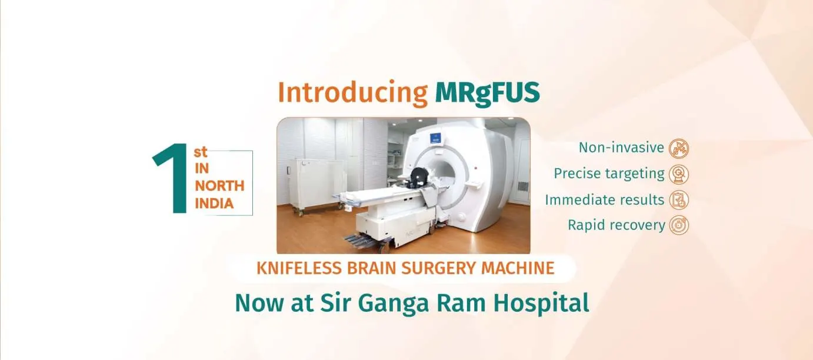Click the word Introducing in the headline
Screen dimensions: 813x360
click(x=353, y=94)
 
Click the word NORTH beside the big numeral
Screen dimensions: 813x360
click(x=219, y=186)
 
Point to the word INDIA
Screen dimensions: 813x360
click(x=214, y=204)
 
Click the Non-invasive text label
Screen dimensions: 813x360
click(x=621, y=148)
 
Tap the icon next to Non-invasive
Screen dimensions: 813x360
click(x=679, y=148)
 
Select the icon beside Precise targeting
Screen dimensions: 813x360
click(x=679, y=174)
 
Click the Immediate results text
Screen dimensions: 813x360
click(x=605, y=199)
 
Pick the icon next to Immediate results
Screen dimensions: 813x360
click(x=679, y=200)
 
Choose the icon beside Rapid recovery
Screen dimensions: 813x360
click(x=679, y=225)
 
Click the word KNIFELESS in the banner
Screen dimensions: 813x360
click(x=299, y=268)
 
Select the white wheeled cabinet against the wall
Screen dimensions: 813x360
click(x=316, y=185)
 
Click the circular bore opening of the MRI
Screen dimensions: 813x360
click(x=443, y=174)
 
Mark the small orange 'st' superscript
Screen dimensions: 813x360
click(x=201, y=152)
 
